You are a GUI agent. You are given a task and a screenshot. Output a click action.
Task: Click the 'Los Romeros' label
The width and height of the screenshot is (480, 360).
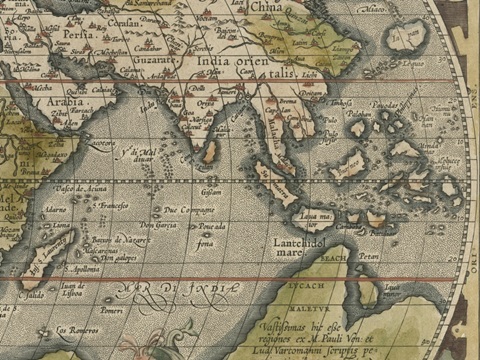[73, 330]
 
